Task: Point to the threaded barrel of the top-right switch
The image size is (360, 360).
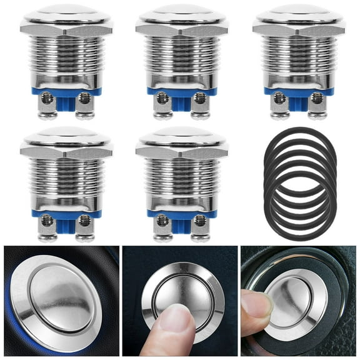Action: pos(299,59)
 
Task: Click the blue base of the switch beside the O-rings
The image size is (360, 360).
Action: pos(182,213)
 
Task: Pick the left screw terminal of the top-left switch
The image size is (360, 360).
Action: pos(46,100)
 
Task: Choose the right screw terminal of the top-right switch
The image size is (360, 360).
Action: pos(317,100)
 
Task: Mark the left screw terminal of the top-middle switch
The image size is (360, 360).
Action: pos(162,100)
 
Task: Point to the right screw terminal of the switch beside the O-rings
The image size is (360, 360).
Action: pos(200,222)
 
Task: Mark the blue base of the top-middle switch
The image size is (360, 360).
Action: pos(182,91)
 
